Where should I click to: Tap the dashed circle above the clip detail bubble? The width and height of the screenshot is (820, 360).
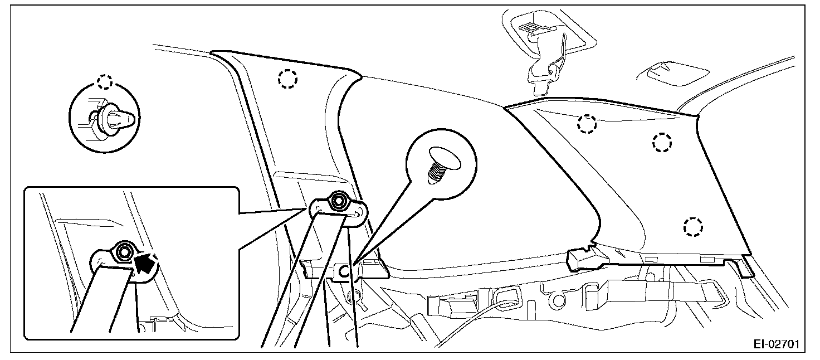click(104, 81)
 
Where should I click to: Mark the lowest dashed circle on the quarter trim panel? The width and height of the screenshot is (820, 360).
click(692, 226)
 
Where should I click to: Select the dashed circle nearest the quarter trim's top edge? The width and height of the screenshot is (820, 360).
click(587, 124)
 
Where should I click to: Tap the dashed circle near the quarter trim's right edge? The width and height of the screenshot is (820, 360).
click(662, 142)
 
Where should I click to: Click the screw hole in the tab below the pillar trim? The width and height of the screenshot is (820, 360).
click(345, 271)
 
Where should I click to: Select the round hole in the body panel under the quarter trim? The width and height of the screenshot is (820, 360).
click(556, 301)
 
